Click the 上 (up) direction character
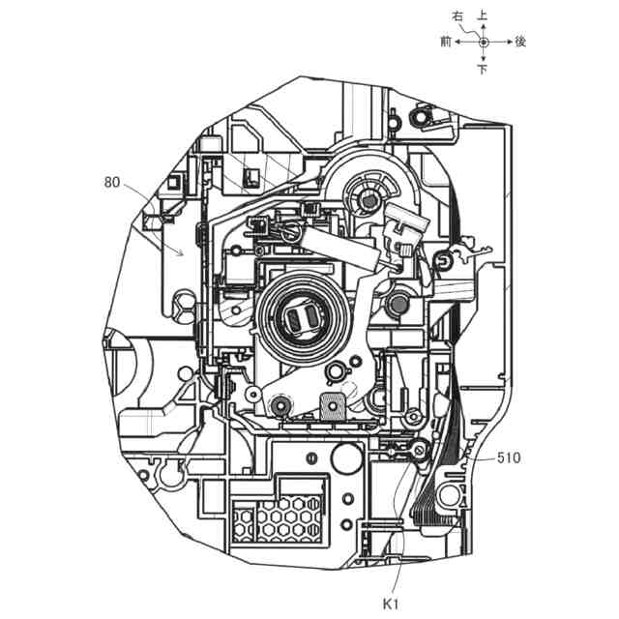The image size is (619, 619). click(483, 16)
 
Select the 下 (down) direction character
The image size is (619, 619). click(483, 69)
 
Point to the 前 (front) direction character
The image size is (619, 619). click(446, 42)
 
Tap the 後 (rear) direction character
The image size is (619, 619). click(520, 42)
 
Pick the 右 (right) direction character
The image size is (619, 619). click(459, 16)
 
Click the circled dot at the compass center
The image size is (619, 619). click(483, 42)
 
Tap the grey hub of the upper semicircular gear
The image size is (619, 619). click(366, 199)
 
